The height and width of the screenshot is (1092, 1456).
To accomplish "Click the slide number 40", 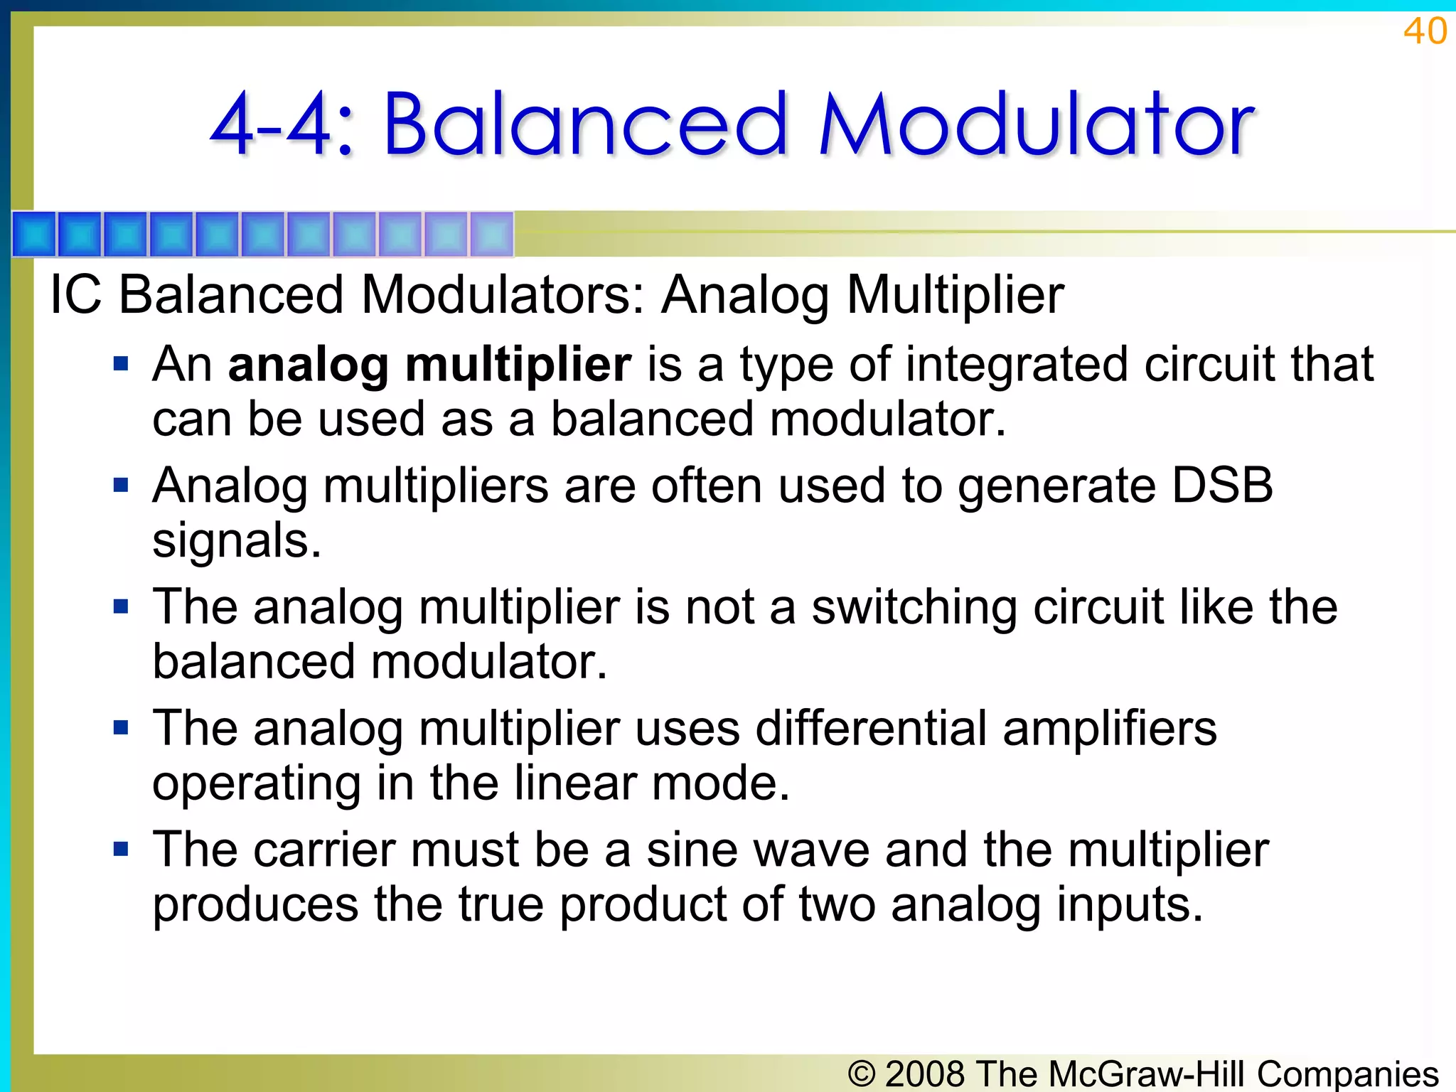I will [x=1425, y=31].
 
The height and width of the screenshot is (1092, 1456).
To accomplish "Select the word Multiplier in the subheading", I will [x=955, y=295].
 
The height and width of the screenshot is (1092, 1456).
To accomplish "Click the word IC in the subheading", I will [x=75, y=294].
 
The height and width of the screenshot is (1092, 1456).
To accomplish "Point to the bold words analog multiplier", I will [x=429, y=364].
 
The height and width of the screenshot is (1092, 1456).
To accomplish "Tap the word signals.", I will [x=237, y=540].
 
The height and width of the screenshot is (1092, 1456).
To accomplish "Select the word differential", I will [x=870, y=728].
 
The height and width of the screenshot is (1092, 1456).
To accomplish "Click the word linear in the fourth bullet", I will [x=575, y=783].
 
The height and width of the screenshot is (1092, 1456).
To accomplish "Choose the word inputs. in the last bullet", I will [x=1129, y=904].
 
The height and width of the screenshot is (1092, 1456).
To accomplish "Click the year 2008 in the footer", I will [x=925, y=1074].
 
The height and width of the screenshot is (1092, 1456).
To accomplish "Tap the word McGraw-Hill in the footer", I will [x=1146, y=1074].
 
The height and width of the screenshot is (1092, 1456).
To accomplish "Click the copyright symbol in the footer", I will [x=862, y=1074].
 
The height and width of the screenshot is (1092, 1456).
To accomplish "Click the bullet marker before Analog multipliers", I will [x=121, y=486].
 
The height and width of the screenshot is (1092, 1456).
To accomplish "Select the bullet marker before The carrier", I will [x=121, y=849].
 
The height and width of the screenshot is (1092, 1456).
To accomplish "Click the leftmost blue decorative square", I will [x=34, y=234].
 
